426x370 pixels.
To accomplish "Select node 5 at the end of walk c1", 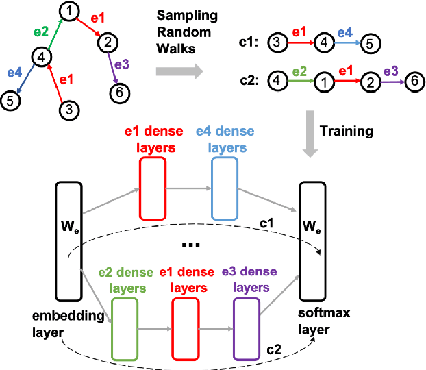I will (x=369, y=42).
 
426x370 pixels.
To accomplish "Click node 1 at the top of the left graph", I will (x=68, y=10).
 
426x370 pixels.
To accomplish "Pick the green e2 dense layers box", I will (x=124, y=330).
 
